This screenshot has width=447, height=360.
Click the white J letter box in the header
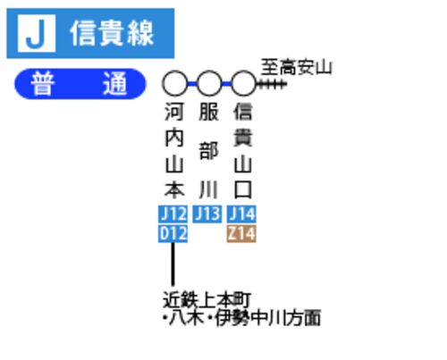[x=37, y=33]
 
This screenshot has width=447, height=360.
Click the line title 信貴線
[x=112, y=33]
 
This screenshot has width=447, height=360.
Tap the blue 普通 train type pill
[x=80, y=84]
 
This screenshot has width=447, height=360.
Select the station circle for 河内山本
[x=175, y=84]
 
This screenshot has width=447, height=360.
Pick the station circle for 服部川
[x=209, y=84]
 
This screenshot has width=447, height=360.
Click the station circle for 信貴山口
[x=243, y=84]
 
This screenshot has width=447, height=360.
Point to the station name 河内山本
[x=174, y=150]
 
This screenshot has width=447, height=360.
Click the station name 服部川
[x=208, y=150]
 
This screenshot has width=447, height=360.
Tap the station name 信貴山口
[x=243, y=150]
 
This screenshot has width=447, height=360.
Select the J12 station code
[x=173, y=214]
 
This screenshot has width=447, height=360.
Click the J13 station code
[x=207, y=214]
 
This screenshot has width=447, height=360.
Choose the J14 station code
[x=241, y=214]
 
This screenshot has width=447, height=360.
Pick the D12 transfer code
[x=173, y=234]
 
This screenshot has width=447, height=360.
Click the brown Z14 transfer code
[x=241, y=234]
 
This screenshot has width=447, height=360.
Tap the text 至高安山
[x=296, y=67]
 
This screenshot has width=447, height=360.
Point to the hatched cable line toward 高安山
[x=272, y=84]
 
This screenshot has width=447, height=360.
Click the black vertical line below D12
[x=173, y=264]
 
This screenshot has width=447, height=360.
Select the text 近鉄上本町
[x=207, y=299]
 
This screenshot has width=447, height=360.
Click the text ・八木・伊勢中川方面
[x=241, y=318]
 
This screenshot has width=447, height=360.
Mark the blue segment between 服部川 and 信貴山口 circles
[x=226, y=84]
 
